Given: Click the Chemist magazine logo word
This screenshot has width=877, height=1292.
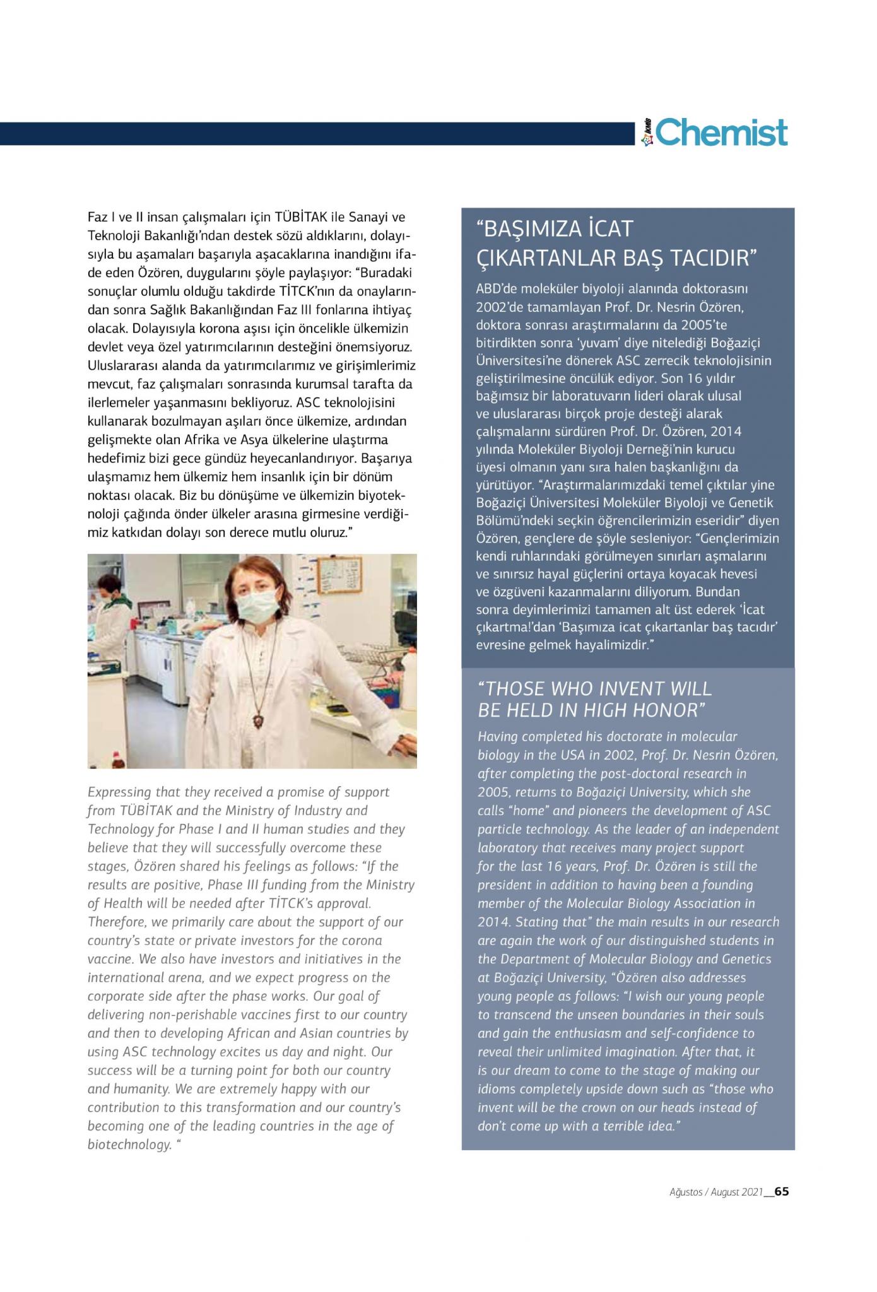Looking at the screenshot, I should (x=722, y=133).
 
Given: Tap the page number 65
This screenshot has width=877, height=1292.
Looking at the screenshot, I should (x=782, y=1192).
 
